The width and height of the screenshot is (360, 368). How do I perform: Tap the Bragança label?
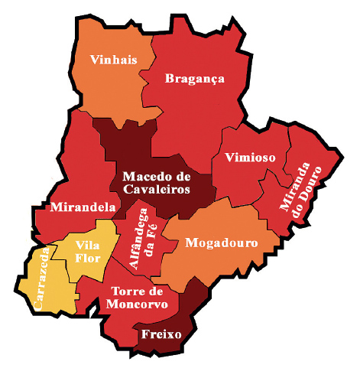194,78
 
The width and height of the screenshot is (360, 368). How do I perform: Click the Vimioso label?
250,158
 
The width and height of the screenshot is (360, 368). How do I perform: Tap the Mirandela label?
83,207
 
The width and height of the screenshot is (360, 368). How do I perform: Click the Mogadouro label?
222,243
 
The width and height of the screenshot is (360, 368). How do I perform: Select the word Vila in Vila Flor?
88,244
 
